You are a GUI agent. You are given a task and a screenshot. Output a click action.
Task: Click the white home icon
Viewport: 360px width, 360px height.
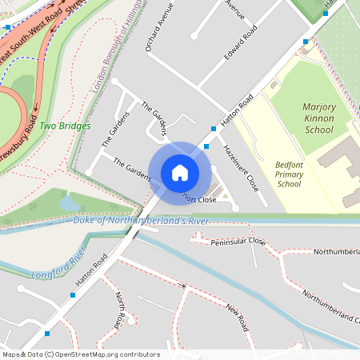point(180,172)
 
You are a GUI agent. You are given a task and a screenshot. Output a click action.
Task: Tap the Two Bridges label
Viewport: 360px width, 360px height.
point(65,126)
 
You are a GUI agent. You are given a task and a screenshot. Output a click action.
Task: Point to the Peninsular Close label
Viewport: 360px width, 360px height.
point(239,240)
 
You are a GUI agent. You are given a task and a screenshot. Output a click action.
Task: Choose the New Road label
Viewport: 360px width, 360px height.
point(238,318)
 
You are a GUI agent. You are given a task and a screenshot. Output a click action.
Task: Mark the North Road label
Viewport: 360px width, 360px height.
point(121,310)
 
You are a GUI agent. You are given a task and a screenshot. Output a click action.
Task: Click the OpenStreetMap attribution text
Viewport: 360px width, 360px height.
point(81,354)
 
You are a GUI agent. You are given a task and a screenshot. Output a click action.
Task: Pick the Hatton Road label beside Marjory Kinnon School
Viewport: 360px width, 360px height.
point(238,108)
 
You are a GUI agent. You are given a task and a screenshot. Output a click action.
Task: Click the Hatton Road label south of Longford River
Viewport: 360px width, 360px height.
point(90,271)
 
